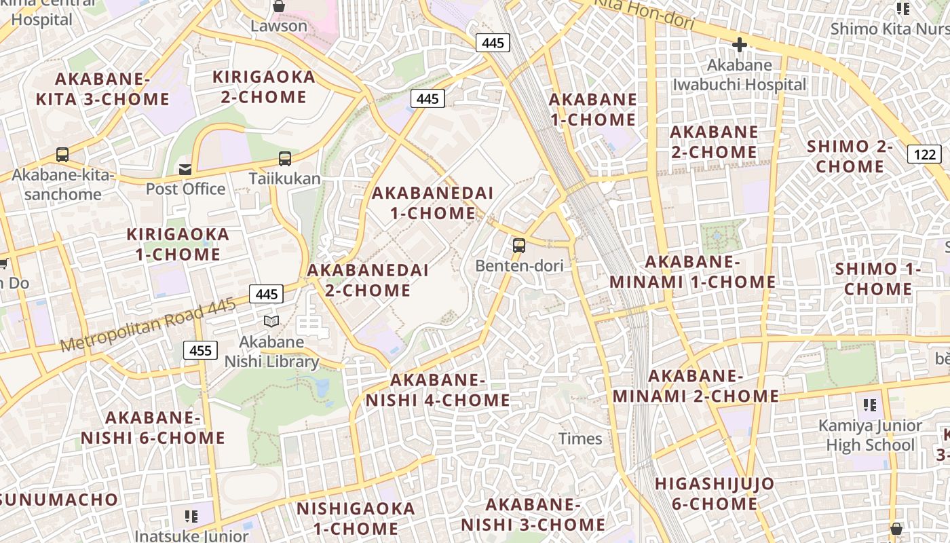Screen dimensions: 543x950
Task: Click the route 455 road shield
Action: pyautogui.click(x=200, y=350)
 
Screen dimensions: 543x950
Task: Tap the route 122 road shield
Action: pyautogui.click(x=924, y=154)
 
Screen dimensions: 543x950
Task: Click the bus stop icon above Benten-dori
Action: pyautogui.click(x=519, y=246)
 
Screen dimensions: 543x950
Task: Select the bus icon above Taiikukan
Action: pyautogui.click(x=285, y=159)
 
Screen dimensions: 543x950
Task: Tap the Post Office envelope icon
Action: pyautogui.click(x=185, y=169)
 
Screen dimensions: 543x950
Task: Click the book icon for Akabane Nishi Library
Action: pyautogui.click(x=271, y=320)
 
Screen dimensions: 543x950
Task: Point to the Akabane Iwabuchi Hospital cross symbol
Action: pyautogui.click(x=739, y=45)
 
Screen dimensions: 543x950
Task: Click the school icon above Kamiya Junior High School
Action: pyautogui.click(x=870, y=405)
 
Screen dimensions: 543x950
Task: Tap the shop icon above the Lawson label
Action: pyautogui.click(x=278, y=7)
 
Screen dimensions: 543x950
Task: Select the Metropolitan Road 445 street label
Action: pyautogui.click(x=148, y=325)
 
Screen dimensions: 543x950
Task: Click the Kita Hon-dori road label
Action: pyautogui.click(x=644, y=14)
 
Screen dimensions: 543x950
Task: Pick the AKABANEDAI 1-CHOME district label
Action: pyautogui.click(x=432, y=203)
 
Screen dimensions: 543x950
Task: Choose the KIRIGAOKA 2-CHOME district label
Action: pyautogui.click(x=264, y=87)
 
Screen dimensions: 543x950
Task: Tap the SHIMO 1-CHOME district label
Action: pyautogui.click(x=878, y=279)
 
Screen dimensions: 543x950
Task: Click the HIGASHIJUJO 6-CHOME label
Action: pyautogui.click(x=715, y=493)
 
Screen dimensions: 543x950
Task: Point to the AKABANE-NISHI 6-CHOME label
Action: pyautogui.click(x=153, y=428)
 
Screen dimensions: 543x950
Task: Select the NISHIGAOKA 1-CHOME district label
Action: pyautogui.click(x=356, y=518)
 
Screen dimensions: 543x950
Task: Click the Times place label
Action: pyautogui.click(x=580, y=438)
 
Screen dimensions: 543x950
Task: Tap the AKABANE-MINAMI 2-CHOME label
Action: pyautogui.click(x=696, y=386)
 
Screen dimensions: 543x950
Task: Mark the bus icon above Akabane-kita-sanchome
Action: pyautogui.click(x=62, y=155)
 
